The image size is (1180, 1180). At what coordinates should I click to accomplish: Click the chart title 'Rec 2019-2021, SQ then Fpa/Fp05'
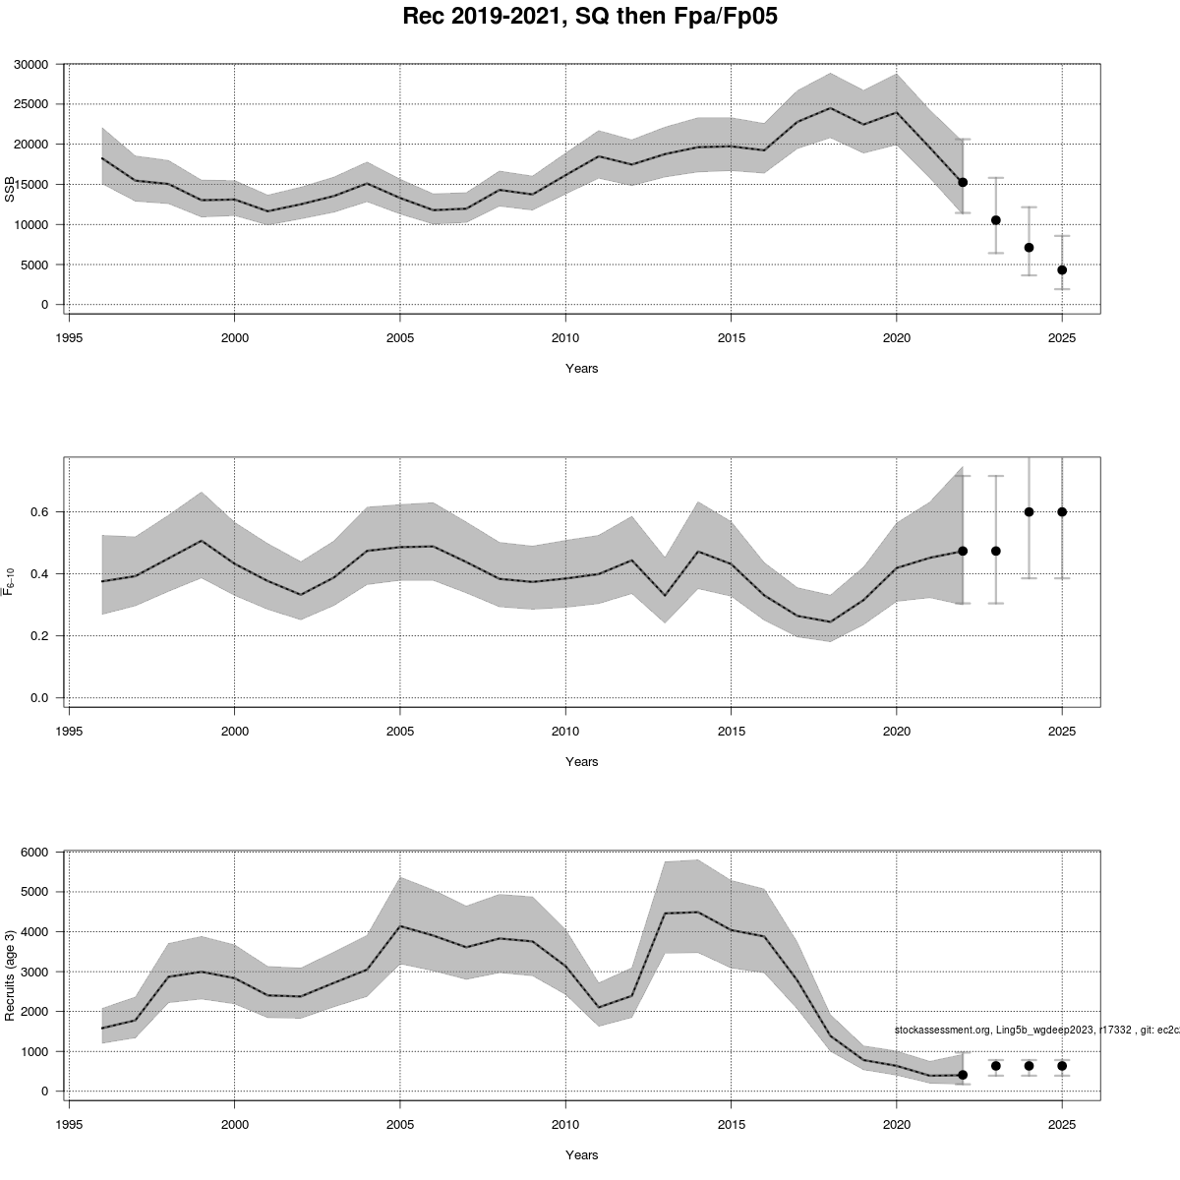pos(590,17)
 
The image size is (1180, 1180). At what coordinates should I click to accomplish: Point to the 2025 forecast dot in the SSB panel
pos(1062,269)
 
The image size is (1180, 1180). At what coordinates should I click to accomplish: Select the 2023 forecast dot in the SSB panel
pos(996,220)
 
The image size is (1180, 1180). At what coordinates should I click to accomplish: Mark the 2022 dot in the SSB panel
pos(963,182)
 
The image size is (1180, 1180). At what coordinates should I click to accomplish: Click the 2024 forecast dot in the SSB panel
pos(1029,248)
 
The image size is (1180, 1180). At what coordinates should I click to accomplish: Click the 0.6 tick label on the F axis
pos(39,512)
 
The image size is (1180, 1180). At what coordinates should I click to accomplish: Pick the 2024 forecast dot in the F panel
pos(1029,511)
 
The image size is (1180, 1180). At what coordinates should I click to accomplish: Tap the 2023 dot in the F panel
pos(996,551)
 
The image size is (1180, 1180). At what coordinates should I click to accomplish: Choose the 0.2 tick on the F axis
pos(39,636)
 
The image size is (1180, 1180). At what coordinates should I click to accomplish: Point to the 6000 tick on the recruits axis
pos(34,853)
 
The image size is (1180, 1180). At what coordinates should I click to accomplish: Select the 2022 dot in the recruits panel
pos(963,1075)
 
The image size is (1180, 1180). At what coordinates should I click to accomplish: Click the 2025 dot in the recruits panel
pos(1062,1066)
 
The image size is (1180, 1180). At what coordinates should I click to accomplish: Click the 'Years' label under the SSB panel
pos(581,369)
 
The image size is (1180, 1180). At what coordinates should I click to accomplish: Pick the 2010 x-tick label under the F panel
pos(564,732)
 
